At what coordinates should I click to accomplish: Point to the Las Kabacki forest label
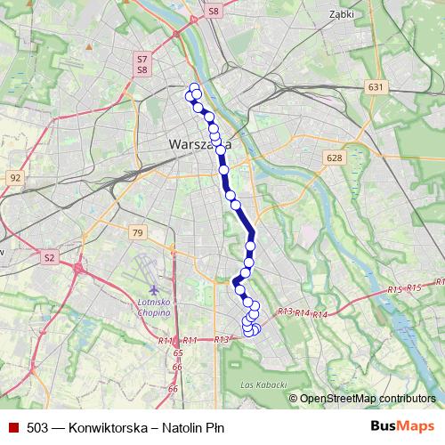(x=263, y=384)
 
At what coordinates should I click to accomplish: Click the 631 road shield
(x=375, y=87)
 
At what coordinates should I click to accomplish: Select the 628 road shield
(x=334, y=158)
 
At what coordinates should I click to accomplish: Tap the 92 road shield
(x=15, y=178)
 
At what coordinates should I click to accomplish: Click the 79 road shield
(x=136, y=232)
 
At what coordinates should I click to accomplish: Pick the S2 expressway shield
(x=50, y=257)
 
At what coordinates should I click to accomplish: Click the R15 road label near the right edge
(x=396, y=290)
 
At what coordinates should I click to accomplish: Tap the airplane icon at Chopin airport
(x=156, y=290)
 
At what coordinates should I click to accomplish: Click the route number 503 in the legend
(x=37, y=427)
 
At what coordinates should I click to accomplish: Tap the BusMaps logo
(x=401, y=426)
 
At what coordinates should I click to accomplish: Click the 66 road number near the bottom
(x=175, y=366)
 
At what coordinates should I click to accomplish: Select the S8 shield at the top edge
(x=213, y=11)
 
